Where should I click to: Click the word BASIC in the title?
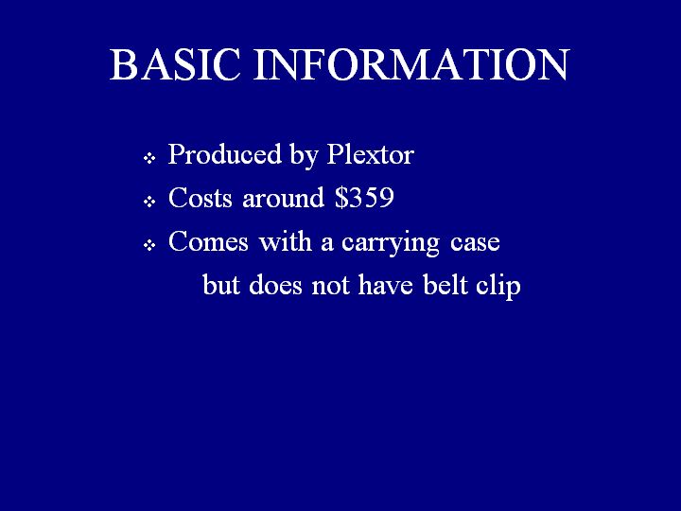point(175,64)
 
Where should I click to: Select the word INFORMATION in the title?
point(411,64)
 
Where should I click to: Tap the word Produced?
point(225,154)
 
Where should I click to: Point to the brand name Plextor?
point(370,154)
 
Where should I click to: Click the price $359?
point(364,198)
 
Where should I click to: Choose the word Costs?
point(201,198)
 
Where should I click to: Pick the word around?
point(283,198)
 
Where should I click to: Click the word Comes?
point(208,241)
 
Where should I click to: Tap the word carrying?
point(391,243)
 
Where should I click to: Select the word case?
point(475,243)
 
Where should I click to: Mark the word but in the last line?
point(221,285)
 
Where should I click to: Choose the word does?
point(275,285)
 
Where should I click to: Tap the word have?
point(385,285)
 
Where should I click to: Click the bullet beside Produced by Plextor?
point(149,158)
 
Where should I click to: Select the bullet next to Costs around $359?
point(149,202)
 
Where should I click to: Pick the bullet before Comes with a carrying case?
point(149,245)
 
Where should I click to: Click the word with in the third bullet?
point(286,241)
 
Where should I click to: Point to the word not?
point(330,286)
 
